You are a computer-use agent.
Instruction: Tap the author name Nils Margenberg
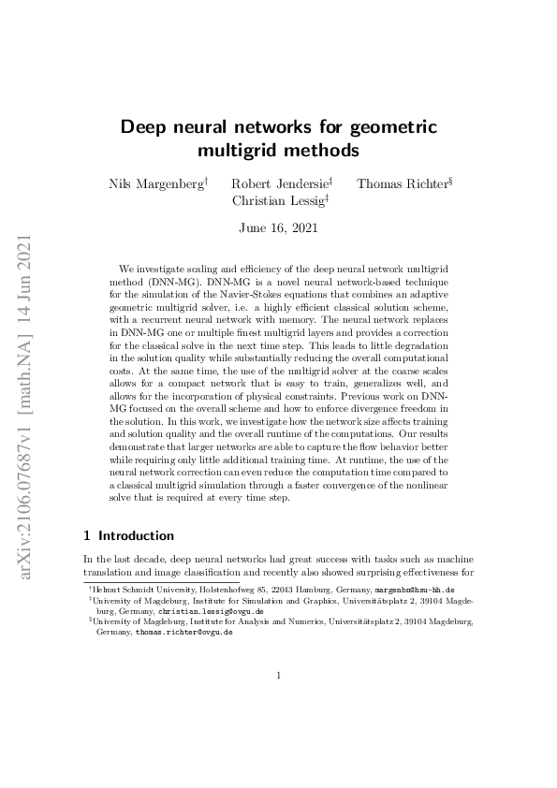[x=156, y=183]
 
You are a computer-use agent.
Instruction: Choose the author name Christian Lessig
[x=278, y=200]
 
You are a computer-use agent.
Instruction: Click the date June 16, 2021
[x=278, y=227]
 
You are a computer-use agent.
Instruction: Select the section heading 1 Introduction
[x=129, y=536]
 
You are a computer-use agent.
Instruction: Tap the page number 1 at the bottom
[x=278, y=675]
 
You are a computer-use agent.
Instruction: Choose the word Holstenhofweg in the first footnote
[x=223, y=591]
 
